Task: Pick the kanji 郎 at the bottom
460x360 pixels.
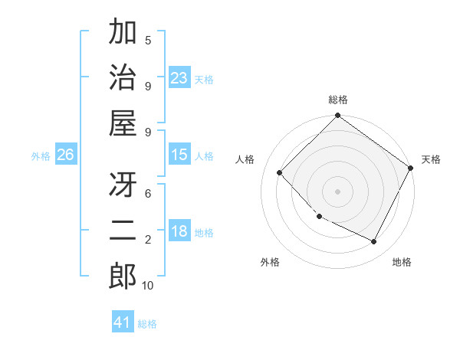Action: click(123, 277)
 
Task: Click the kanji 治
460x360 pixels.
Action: click(123, 78)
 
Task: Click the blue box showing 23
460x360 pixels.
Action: click(179, 78)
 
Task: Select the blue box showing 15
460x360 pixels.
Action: click(179, 155)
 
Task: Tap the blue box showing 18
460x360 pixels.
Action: click(179, 231)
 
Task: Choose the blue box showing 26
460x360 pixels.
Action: click(65, 155)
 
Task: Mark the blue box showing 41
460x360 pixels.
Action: click(123, 322)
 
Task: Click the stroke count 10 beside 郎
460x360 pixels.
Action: click(148, 286)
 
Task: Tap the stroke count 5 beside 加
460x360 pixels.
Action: click(148, 40)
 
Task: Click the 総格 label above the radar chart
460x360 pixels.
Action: click(338, 100)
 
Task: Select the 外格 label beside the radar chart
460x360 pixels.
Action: click(270, 262)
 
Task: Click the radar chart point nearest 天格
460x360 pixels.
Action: click(410, 168)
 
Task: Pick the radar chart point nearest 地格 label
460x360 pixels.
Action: click(374, 242)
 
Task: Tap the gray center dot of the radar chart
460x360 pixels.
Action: click(337, 191)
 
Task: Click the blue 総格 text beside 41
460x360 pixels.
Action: click(147, 323)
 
